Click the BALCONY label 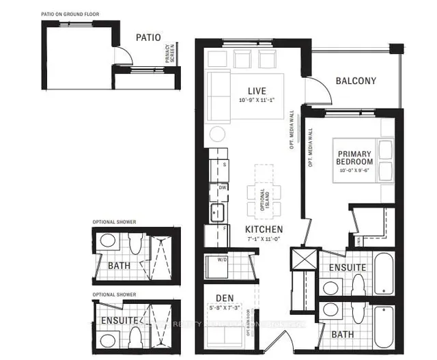coord(356,81)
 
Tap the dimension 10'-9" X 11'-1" coord(257,100)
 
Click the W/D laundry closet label coord(222,259)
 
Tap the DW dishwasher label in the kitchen coord(222,187)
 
